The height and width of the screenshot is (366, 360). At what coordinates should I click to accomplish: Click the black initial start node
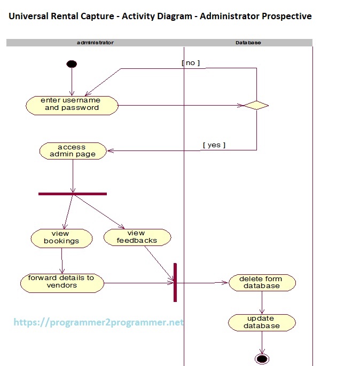pos(72,64)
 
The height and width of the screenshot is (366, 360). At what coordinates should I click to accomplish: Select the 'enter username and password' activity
pos(71,105)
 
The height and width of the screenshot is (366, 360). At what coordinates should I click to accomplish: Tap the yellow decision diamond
pos(256,105)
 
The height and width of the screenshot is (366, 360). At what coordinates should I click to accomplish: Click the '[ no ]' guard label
pos(191,63)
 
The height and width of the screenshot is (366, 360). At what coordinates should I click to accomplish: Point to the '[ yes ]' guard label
pos(214,145)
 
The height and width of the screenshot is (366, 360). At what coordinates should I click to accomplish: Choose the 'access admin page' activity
pos(73,150)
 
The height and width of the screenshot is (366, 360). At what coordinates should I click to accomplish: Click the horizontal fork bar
pos(73,194)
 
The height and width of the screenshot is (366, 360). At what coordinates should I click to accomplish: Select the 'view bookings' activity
pos(61,237)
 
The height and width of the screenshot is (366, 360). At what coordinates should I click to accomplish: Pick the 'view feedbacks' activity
pos(137,237)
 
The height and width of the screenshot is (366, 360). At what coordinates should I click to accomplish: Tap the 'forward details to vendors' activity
pos(61,282)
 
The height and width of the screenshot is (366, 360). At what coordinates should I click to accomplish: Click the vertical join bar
pos(175,282)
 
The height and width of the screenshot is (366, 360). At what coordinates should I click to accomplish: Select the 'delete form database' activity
pos(262,282)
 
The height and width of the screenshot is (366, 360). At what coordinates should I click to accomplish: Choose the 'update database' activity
pos(262,322)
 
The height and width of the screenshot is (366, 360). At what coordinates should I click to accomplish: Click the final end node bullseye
pos(262,359)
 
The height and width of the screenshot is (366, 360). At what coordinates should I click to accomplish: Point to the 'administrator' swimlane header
pos(95,43)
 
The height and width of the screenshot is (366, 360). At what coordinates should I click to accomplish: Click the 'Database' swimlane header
pos(248,43)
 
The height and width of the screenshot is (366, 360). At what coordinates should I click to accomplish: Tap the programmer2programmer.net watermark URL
pos(98,322)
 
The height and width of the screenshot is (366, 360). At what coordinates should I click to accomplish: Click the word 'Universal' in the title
pos(29,16)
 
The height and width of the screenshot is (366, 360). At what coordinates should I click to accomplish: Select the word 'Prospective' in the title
pos(286,16)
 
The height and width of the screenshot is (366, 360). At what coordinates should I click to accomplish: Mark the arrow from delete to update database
pos(262,303)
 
